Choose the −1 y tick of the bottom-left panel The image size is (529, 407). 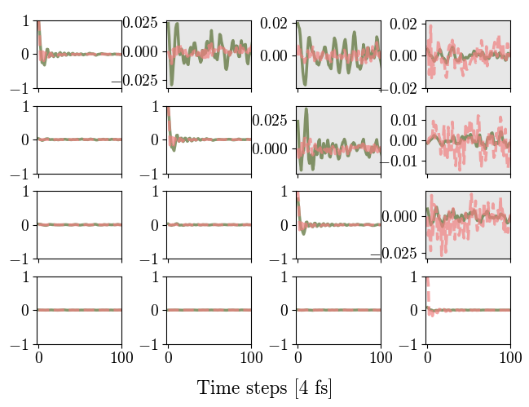tap(21, 344)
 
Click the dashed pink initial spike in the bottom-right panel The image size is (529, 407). tap(429, 287)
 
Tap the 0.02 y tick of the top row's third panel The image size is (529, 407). tap(274, 23)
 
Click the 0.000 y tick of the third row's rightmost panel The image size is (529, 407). tap(401, 215)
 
